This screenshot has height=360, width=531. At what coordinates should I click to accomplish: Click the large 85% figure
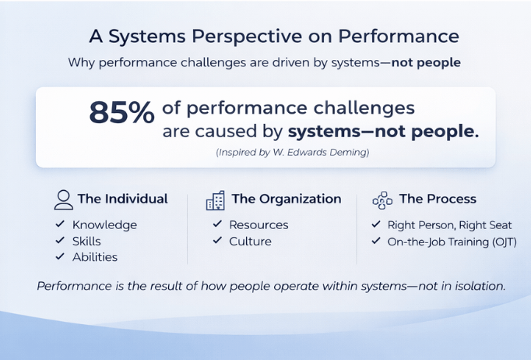pos(122,112)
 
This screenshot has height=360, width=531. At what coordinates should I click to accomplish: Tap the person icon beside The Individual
pos(64,199)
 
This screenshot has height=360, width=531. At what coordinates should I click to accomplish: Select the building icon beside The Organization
pos(216,200)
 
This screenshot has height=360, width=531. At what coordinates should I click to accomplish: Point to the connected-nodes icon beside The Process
pos(382,200)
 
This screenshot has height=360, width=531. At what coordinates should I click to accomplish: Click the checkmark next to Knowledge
pos(60,224)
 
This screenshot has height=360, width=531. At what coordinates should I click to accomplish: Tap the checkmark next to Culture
pos(217,240)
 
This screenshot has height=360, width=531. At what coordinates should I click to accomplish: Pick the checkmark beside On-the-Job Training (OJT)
pos(376,241)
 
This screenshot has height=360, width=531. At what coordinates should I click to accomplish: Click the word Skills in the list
pos(86,242)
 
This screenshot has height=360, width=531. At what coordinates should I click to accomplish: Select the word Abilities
pos(95,257)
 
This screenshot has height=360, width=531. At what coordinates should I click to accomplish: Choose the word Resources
pos(258,224)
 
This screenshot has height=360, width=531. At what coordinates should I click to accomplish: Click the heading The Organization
pos(287,199)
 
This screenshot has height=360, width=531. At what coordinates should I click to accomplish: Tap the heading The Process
pos(438,199)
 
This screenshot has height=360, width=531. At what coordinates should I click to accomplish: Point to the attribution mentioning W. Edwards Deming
pos(293,153)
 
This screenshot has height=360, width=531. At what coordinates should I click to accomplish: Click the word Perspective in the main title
pos(247,36)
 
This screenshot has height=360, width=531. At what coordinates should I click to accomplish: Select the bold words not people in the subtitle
pos(426,62)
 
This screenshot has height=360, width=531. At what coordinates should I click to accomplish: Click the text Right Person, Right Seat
pos(450,225)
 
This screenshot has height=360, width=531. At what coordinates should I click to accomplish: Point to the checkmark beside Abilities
pos(60,256)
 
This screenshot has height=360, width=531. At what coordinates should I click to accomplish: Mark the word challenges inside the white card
pos(364,108)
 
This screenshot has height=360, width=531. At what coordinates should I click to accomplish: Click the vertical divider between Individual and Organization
pos(188,229)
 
